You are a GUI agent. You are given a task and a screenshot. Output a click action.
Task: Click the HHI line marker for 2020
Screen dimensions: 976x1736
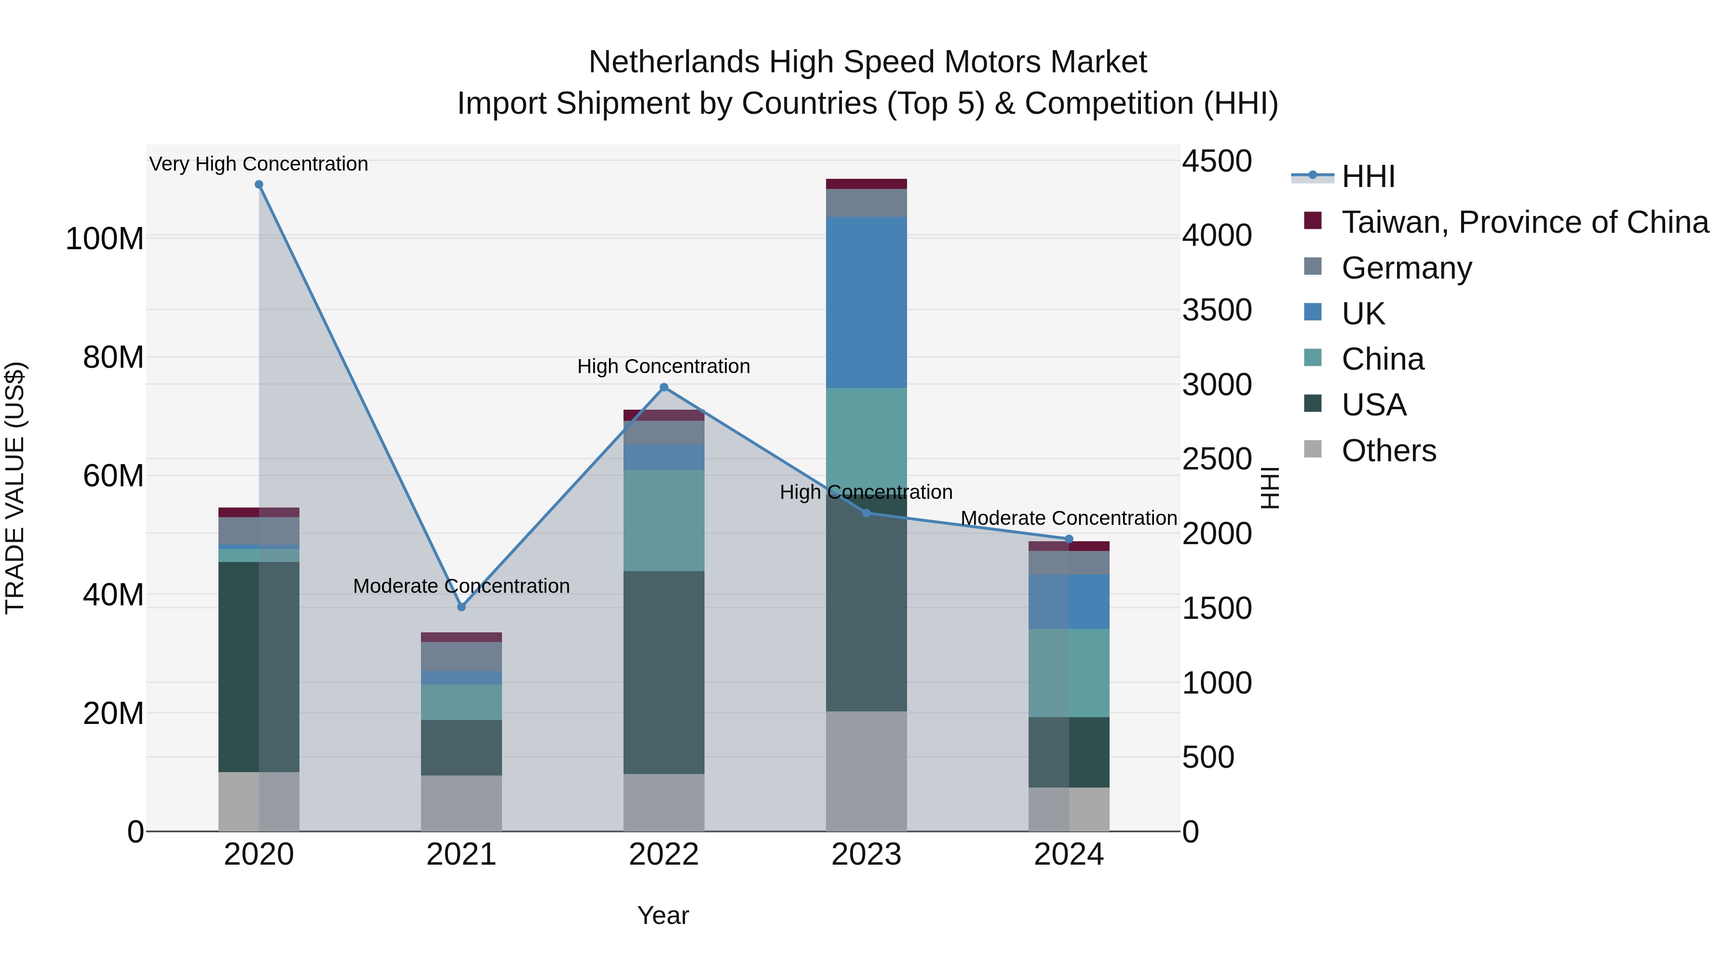(x=259, y=185)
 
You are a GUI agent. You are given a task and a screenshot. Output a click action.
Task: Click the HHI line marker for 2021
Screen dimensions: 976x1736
(x=461, y=607)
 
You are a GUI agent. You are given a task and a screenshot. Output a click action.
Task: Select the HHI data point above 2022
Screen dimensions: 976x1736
(x=664, y=388)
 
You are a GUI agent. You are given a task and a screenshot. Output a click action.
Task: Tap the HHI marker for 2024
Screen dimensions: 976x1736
(x=1069, y=539)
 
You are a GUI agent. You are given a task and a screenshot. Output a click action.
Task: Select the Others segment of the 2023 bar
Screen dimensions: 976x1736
(x=866, y=771)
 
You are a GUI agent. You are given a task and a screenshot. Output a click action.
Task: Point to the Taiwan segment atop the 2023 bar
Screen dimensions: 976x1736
(x=866, y=184)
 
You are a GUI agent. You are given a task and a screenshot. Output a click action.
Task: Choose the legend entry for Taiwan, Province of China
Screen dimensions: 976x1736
(x=1524, y=222)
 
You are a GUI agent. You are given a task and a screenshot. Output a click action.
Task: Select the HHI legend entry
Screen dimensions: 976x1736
(x=1368, y=176)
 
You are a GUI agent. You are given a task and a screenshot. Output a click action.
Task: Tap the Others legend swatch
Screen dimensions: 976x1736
(x=1313, y=449)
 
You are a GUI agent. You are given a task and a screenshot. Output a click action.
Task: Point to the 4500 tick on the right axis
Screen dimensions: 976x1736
(x=1217, y=161)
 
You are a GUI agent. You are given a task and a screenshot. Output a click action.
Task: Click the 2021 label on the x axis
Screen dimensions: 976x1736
(x=461, y=854)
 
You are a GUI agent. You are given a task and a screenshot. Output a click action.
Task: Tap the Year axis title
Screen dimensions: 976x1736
(x=663, y=915)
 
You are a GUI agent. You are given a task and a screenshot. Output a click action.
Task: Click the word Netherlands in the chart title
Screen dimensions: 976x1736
(x=674, y=62)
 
